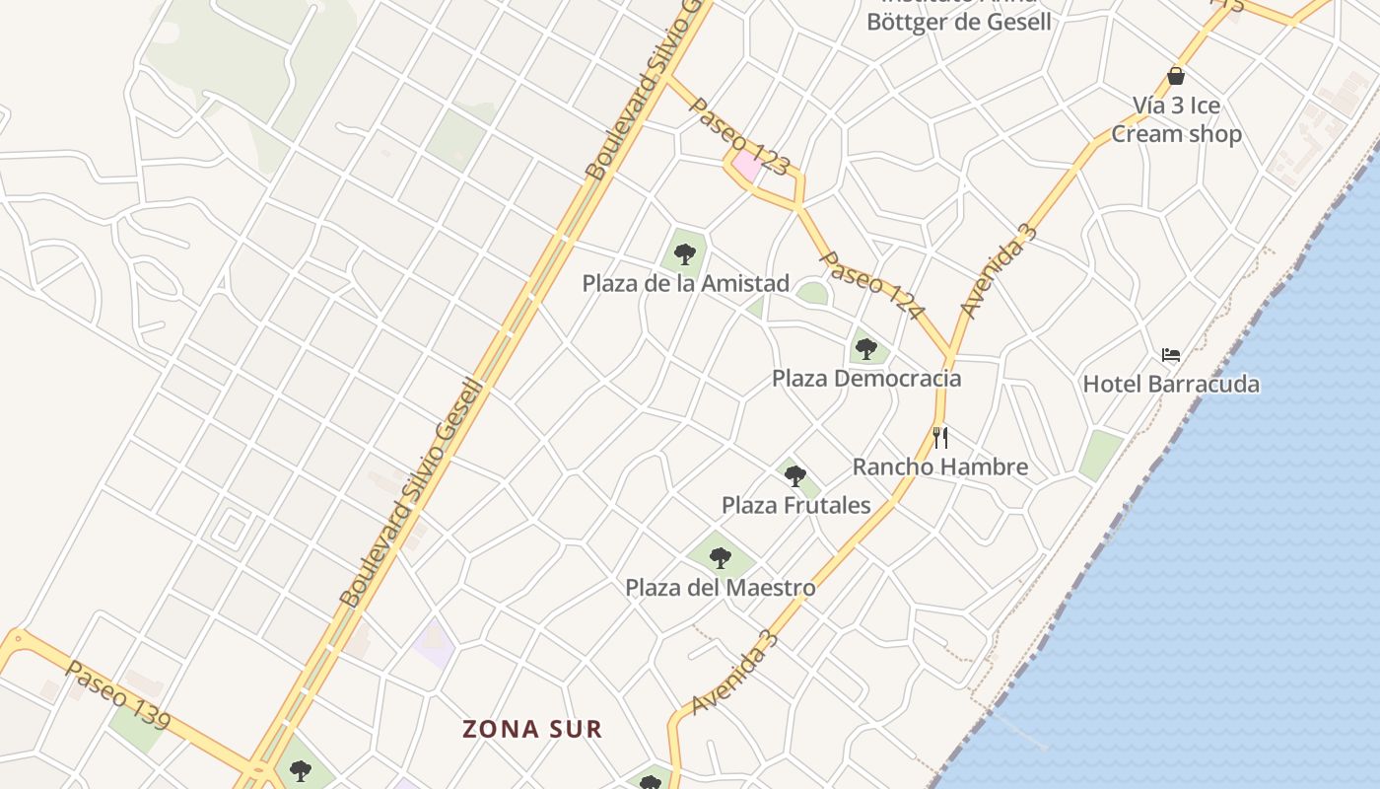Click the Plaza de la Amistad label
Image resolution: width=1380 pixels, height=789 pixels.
685,284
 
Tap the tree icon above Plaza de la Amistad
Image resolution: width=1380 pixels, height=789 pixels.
685,254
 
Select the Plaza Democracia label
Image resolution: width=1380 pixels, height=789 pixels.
865,379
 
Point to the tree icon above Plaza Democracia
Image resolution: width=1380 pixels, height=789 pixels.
866,348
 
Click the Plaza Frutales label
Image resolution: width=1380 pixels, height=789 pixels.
795,506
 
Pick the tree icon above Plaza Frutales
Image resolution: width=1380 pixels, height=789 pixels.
795,476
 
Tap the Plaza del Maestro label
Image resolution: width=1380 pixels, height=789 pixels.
720,588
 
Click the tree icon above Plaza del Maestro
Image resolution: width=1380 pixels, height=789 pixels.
721,557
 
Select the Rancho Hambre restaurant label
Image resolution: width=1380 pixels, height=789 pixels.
939,467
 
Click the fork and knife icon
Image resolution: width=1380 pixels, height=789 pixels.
939,437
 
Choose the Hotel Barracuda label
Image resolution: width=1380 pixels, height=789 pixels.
1171,385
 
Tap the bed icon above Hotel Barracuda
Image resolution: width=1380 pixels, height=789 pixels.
1171,354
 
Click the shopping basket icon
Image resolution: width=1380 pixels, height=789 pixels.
1176,75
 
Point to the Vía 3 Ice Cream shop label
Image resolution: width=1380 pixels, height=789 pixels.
1176,119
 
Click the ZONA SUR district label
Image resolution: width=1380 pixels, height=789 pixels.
532,730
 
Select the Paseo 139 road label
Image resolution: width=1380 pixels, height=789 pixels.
118,696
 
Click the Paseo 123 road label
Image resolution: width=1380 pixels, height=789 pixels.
739,136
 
